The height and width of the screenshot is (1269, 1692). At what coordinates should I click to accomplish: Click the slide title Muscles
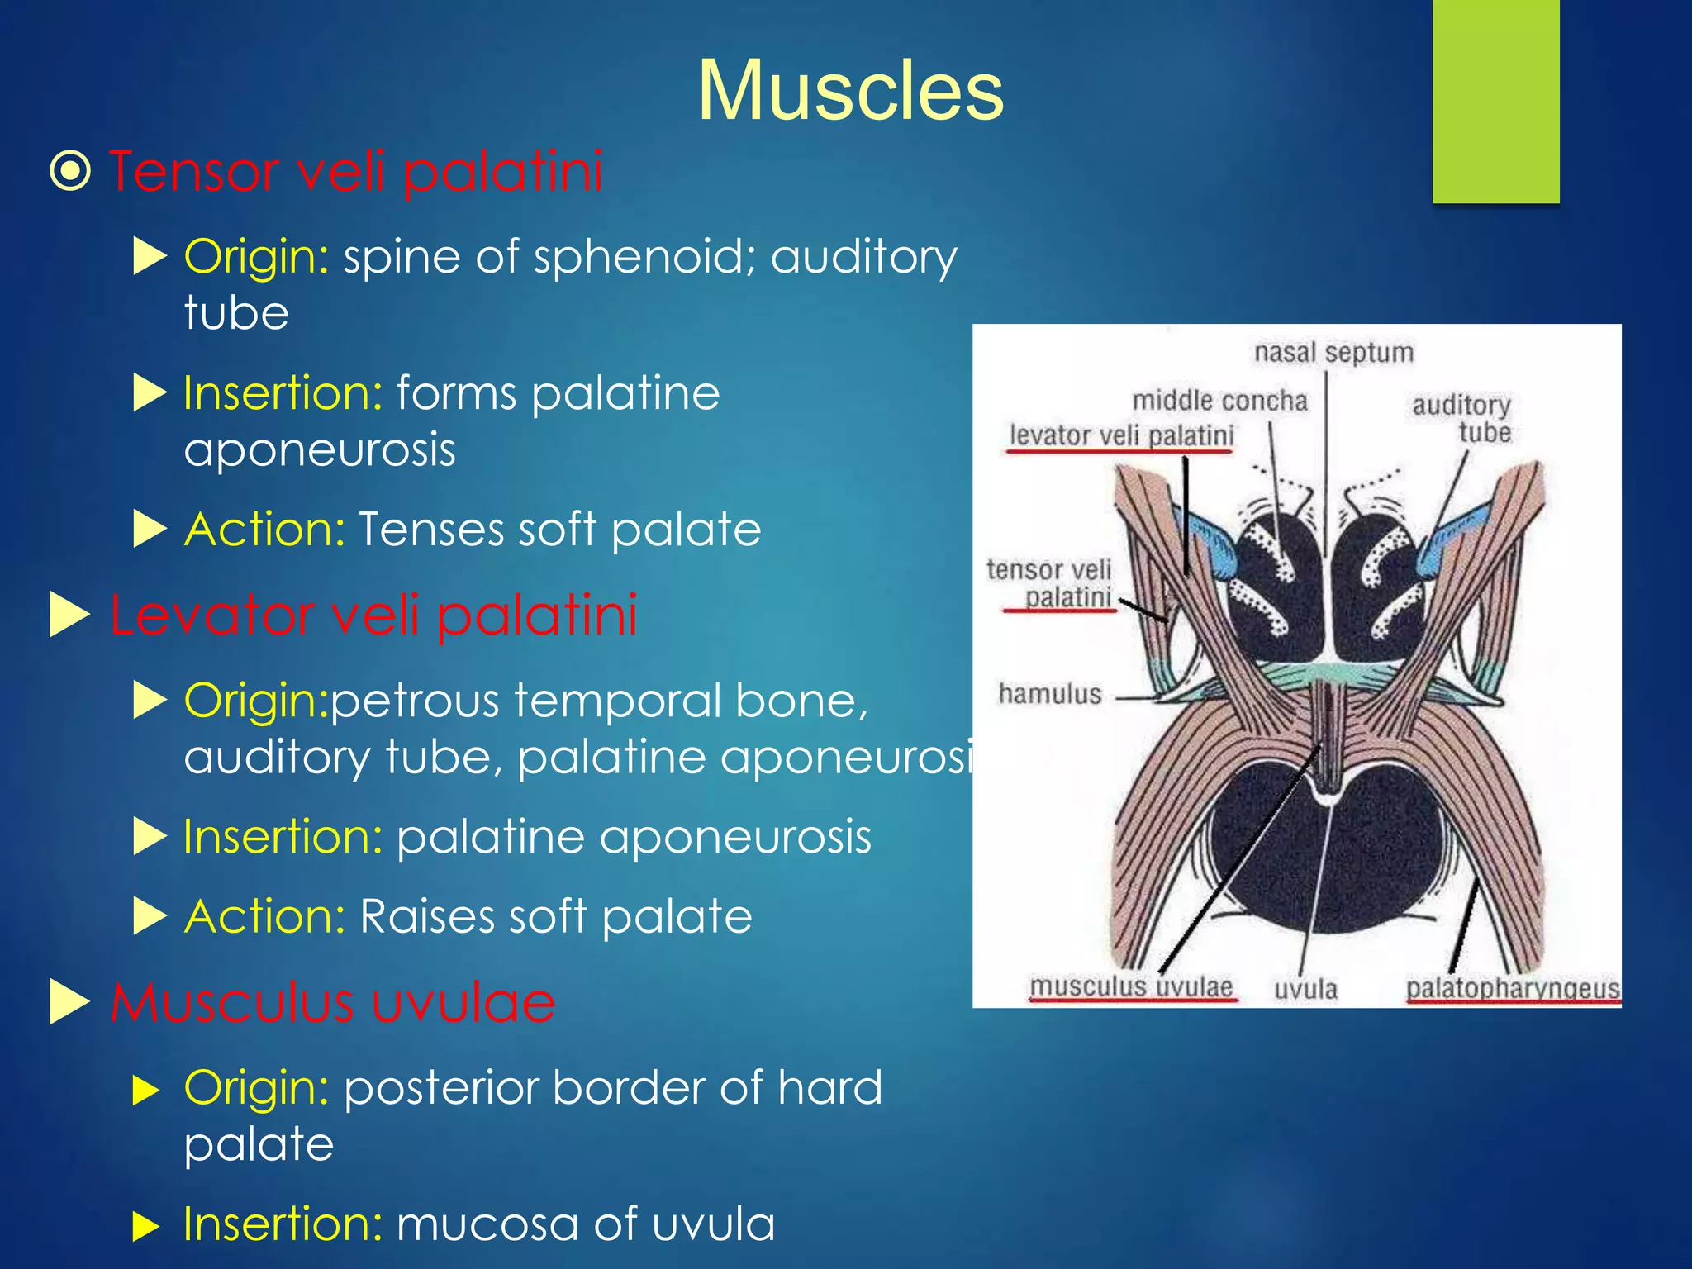[x=850, y=91]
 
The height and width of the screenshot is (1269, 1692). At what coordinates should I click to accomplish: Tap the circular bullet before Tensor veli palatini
[x=70, y=171]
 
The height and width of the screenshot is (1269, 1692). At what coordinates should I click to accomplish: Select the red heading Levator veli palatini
[x=373, y=615]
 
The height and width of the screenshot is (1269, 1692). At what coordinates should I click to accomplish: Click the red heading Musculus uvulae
[x=333, y=1002]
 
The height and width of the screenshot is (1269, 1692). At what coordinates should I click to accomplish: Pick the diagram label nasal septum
[x=1333, y=353]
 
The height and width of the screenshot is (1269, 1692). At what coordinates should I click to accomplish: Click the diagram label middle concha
[x=1219, y=401]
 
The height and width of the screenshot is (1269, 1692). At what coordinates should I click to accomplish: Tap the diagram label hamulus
[x=1050, y=693]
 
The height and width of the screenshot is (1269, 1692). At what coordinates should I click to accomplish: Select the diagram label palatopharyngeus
[x=1512, y=989]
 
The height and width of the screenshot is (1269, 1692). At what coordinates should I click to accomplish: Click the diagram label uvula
[x=1305, y=989]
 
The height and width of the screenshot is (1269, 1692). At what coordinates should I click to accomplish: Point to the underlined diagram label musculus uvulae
[x=1131, y=986]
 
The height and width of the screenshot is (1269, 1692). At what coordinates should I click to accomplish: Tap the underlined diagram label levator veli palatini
[x=1121, y=435]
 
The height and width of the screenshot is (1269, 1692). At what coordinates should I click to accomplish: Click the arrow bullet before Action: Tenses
[x=150, y=529]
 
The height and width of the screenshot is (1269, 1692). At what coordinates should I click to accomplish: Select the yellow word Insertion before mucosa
[x=283, y=1224]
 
